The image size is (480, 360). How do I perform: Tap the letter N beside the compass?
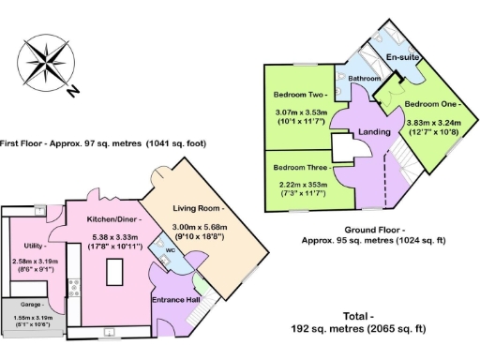[x=73, y=91]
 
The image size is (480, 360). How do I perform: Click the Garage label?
[x=29, y=306]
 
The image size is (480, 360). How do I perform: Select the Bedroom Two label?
[x=299, y=95]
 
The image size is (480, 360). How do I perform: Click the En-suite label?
[x=402, y=57]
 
